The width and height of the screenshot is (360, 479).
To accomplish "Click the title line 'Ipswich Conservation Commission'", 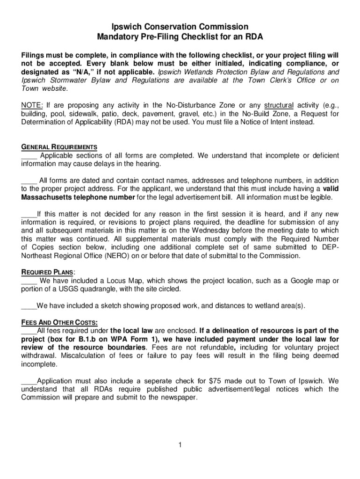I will pos(180,27).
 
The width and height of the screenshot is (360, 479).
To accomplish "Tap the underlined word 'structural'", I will pos(279,105).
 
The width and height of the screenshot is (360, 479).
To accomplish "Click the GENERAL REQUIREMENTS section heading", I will pos(59,147).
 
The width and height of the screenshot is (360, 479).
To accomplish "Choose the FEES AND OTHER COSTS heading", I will pos(59,322).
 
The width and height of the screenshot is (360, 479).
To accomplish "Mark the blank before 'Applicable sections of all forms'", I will pos(29,155).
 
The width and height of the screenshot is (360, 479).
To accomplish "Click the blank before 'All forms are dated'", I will pos(29,180).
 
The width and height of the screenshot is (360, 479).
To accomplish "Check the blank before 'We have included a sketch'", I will pos(29,306).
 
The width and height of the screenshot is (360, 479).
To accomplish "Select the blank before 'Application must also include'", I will pos(29,381).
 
